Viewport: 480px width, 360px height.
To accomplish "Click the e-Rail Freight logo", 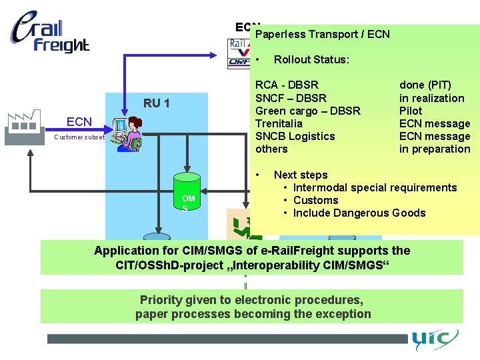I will pyautogui.click(x=50, y=33).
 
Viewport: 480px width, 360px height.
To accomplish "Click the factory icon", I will pyautogui.click(x=21, y=127).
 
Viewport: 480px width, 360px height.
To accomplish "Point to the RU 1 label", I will pyautogui.click(x=157, y=103).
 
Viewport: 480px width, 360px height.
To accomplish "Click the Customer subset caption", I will pyautogui.click(x=79, y=137).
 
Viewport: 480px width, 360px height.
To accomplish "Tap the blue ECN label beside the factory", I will pyautogui.click(x=79, y=121).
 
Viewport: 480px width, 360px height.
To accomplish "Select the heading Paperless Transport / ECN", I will pyautogui.click(x=323, y=34).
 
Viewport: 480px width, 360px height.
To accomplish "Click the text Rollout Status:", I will pyautogui.click(x=311, y=59).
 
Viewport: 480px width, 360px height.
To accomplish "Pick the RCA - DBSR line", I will pyautogui.click(x=287, y=85).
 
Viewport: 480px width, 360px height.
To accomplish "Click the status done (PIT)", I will pyautogui.click(x=425, y=85).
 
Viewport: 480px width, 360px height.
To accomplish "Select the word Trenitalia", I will pyautogui.click(x=279, y=123).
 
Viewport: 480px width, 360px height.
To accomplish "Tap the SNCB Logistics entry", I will pyautogui.click(x=295, y=136).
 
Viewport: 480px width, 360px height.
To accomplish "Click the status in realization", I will pyautogui.click(x=431, y=98).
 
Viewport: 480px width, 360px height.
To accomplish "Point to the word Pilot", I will pyautogui.click(x=411, y=111).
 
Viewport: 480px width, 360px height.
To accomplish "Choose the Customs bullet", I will pyautogui.click(x=315, y=200).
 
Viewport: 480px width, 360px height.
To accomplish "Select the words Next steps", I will pyautogui.click(x=301, y=175).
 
